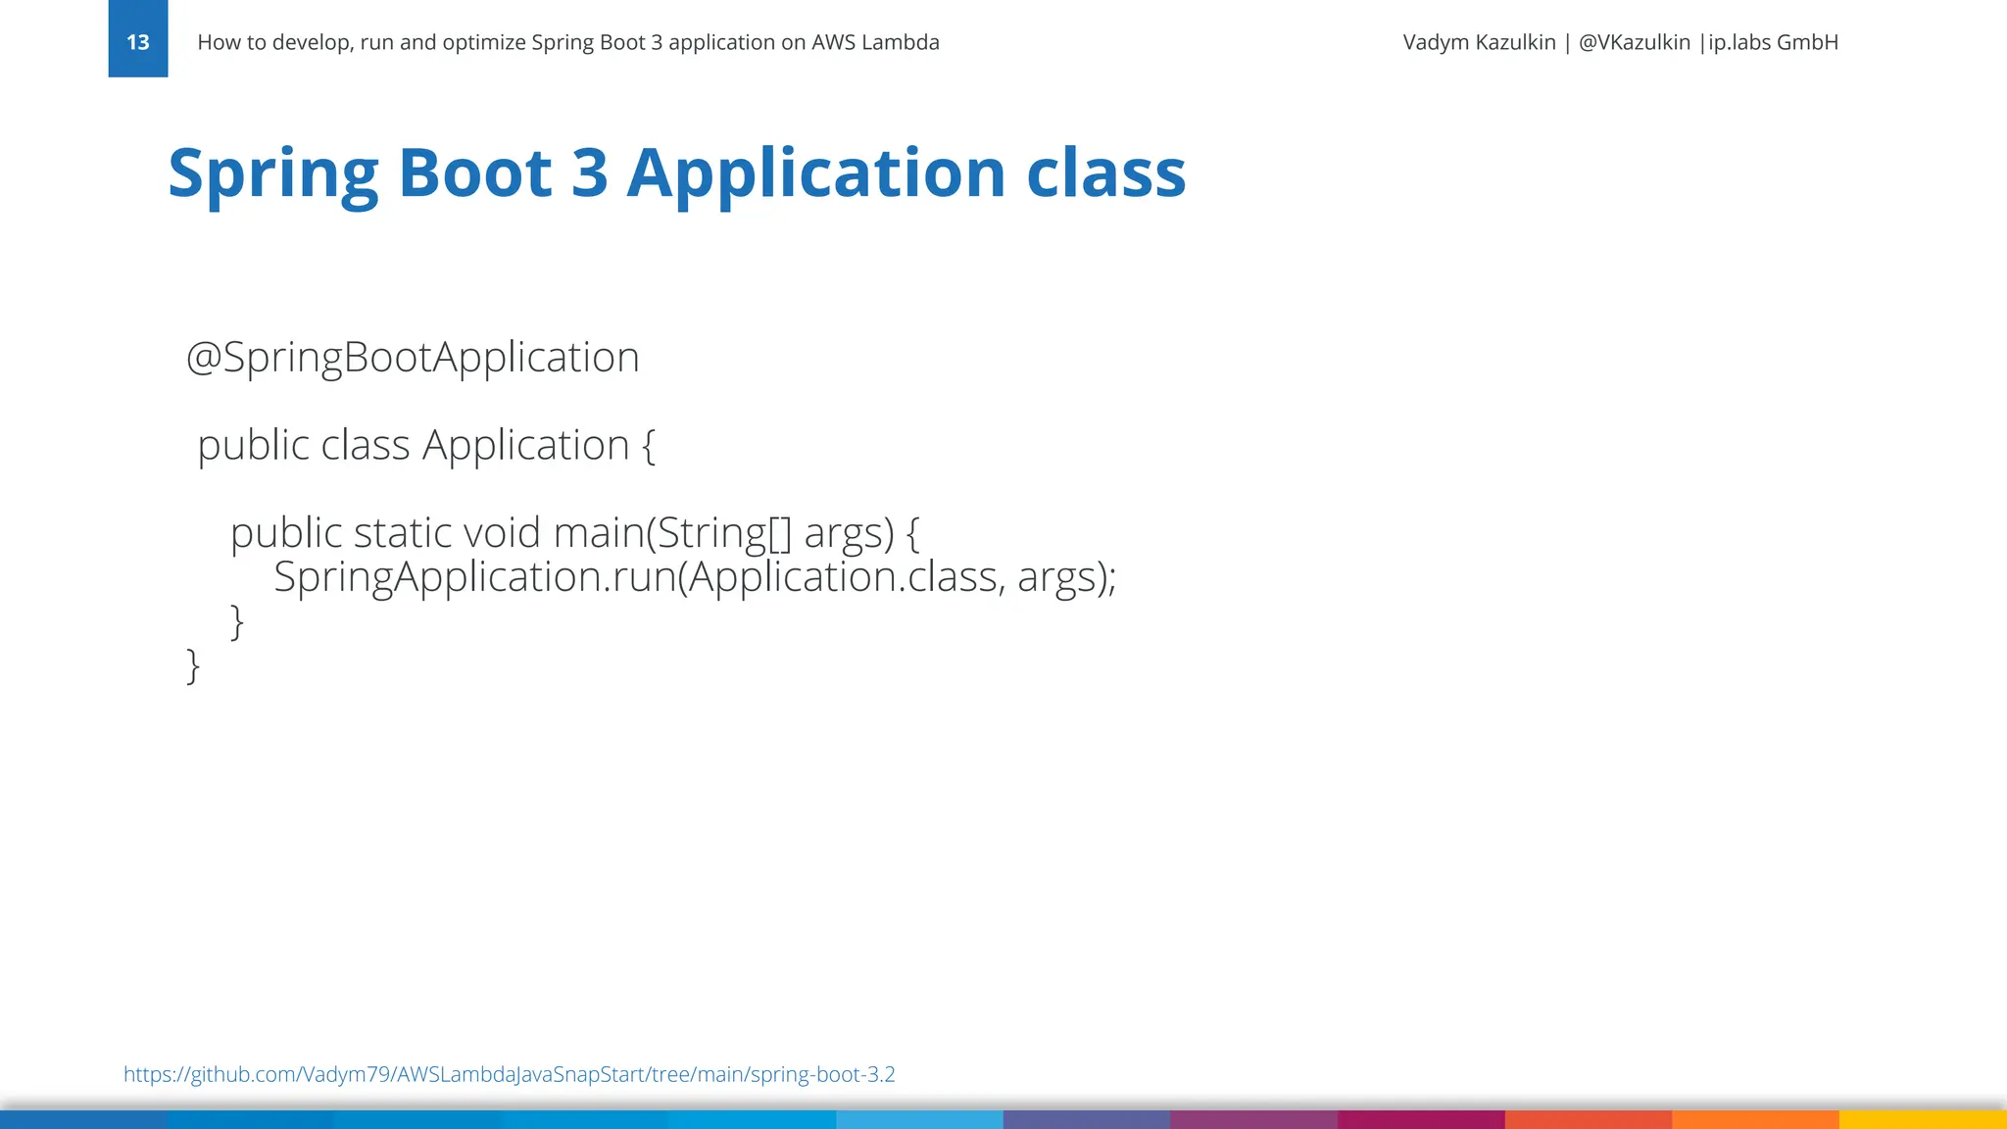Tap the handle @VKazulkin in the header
(x=1634, y=42)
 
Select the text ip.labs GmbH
(x=1773, y=42)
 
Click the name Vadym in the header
(x=1436, y=42)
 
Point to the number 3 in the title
(x=590, y=172)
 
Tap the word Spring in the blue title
(x=272, y=172)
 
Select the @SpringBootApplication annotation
(x=413, y=357)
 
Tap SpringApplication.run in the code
(x=474, y=576)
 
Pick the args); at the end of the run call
(x=1066, y=576)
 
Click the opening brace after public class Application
(x=649, y=446)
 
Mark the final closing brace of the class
(x=193, y=665)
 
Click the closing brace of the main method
(x=236, y=621)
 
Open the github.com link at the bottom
(x=509, y=1074)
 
